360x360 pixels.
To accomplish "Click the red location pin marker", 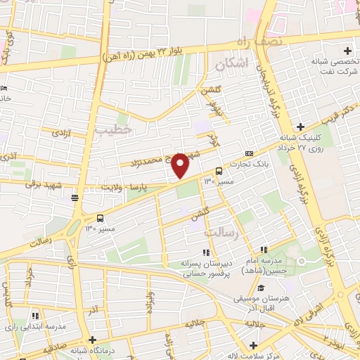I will (x=181, y=166).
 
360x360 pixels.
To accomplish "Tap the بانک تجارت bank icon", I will (x=249, y=154).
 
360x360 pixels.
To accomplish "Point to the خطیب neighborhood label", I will (x=113, y=129).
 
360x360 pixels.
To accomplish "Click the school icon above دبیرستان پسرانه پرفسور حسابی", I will (x=205, y=252).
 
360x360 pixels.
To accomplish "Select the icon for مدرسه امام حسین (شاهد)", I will (x=264, y=250).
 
